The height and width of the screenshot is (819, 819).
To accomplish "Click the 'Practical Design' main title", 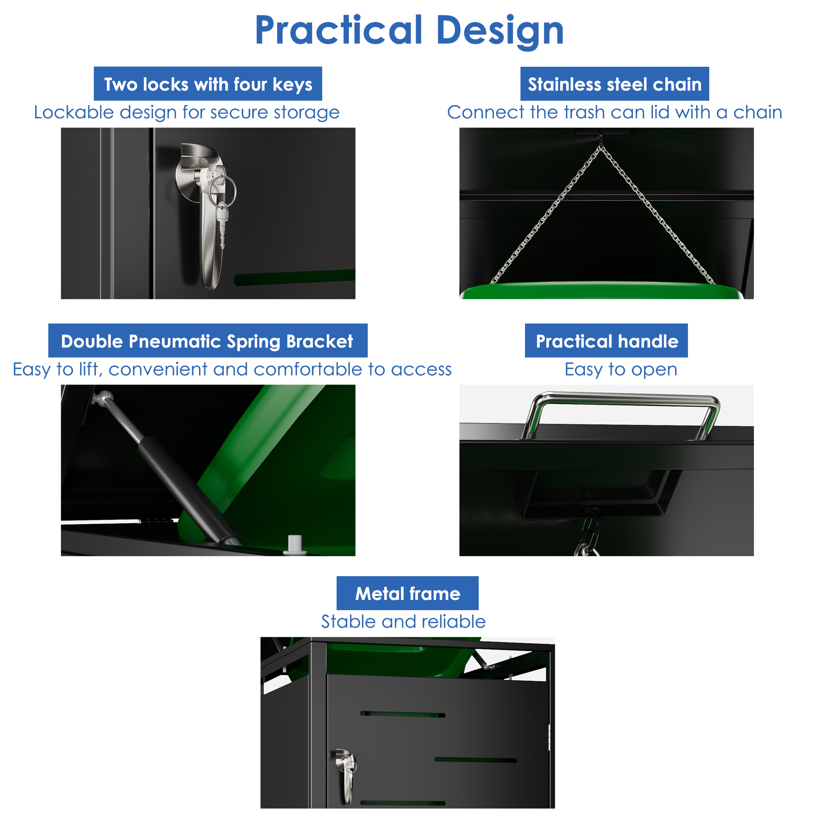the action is tap(409, 31).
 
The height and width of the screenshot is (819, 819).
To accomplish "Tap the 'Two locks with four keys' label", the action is tap(208, 84).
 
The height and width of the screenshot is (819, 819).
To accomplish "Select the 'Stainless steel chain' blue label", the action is tap(615, 84).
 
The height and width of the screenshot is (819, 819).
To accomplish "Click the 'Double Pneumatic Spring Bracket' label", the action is tap(208, 341).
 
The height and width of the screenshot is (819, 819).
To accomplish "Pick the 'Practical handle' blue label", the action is tap(606, 341).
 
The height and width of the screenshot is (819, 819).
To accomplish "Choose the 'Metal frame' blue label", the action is tap(407, 593).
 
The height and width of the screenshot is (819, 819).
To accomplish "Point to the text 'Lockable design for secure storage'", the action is tap(186, 112).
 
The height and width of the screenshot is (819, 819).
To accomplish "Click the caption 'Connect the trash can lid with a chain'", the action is tap(615, 112).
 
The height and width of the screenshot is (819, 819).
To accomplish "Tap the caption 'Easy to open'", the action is tap(621, 370).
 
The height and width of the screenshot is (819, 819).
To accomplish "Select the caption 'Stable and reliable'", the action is tap(403, 622).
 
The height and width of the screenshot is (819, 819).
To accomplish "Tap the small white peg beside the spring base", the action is tap(295, 544).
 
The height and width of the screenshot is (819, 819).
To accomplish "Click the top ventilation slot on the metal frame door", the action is tap(403, 714).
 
